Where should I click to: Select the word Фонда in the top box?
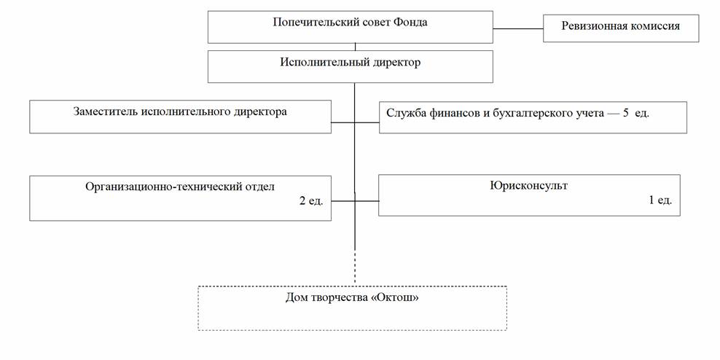[410, 23]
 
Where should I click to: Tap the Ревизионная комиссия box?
[620, 27]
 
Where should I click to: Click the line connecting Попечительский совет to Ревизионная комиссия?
[518, 28]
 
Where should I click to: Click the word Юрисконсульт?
[529, 186]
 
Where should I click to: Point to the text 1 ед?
[660, 200]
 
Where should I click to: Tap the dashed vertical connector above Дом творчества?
[355, 267]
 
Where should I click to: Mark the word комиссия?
[653, 26]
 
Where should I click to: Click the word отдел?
[259, 187]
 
